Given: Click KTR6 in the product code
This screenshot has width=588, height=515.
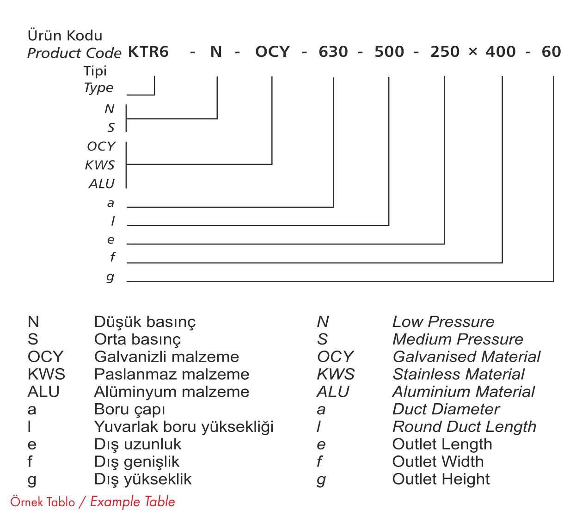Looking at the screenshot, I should pos(148,52).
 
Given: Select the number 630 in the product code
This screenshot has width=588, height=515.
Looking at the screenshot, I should pos(333,52).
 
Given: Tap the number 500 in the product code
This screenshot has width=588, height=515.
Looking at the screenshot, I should pos(389,52).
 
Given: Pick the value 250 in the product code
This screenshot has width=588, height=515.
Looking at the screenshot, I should pos(445,52).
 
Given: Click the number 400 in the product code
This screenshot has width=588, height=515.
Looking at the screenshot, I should pos(501,52).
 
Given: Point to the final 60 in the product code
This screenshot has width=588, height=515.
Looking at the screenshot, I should pos(551,52).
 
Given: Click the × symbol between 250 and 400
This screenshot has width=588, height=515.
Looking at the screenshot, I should pos(472,52).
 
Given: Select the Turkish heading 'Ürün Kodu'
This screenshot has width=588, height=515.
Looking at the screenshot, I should pos(65,36).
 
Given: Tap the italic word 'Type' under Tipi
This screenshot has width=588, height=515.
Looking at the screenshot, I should pos(98,88).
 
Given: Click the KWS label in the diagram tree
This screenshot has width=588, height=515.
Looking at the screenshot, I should pos(100,165).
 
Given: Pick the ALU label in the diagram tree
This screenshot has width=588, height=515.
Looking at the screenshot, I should pos(101,184).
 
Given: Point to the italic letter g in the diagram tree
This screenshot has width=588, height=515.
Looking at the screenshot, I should pos(110,277).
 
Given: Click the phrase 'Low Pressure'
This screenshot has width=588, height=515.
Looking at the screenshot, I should pos(443,321).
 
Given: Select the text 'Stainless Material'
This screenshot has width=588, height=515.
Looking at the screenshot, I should pos(458,374).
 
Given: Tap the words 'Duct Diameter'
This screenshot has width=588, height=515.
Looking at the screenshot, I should pos(446,409).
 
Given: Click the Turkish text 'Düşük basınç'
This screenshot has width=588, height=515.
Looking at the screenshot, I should pos(145,321).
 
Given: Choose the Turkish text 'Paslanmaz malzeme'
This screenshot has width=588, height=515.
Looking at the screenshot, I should pos(171,374).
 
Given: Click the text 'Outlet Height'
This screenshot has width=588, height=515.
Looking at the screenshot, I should pos(441,479).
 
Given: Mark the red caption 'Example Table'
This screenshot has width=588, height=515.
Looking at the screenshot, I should pos(132,502).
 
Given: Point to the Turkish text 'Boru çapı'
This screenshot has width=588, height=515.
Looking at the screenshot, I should pos(129,409).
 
